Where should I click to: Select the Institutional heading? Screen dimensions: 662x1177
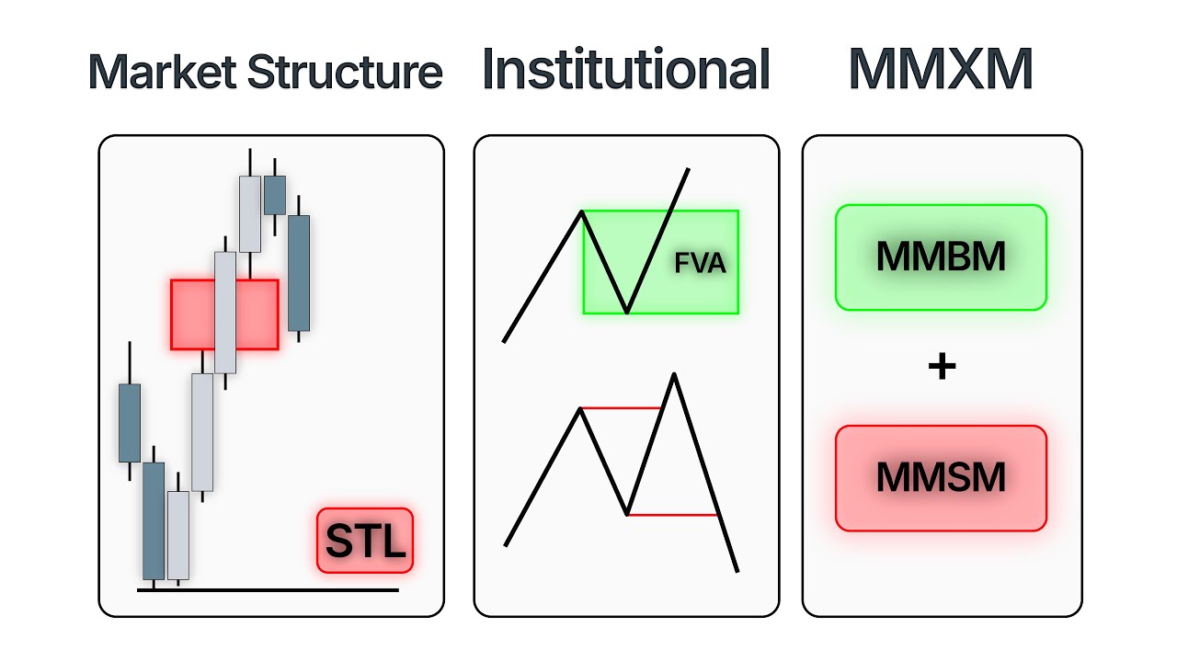(x=625, y=70)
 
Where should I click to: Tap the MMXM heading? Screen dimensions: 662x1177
(x=940, y=70)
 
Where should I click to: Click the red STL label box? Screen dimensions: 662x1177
(x=365, y=541)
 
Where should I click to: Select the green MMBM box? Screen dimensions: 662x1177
(x=941, y=257)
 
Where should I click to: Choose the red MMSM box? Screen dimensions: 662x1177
(x=941, y=478)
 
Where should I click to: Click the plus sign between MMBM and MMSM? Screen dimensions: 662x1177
(x=942, y=368)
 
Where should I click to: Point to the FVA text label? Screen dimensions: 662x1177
(x=700, y=265)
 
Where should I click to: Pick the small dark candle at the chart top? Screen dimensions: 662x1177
(x=274, y=194)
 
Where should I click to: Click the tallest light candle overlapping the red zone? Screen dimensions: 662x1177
(x=225, y=313)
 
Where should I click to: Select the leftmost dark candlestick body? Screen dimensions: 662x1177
(x=130, y=423)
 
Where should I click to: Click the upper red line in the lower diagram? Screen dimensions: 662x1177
(x=621, y=407)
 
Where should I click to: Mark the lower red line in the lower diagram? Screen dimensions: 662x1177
(x=671, y=515)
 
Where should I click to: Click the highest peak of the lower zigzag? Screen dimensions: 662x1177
(x=674, y=374)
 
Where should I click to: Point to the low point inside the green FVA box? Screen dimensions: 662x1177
(x=627, y=312)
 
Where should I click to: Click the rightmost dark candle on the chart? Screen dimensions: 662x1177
(x=299, y=273)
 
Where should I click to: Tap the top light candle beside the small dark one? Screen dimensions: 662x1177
(x=250, y=213)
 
